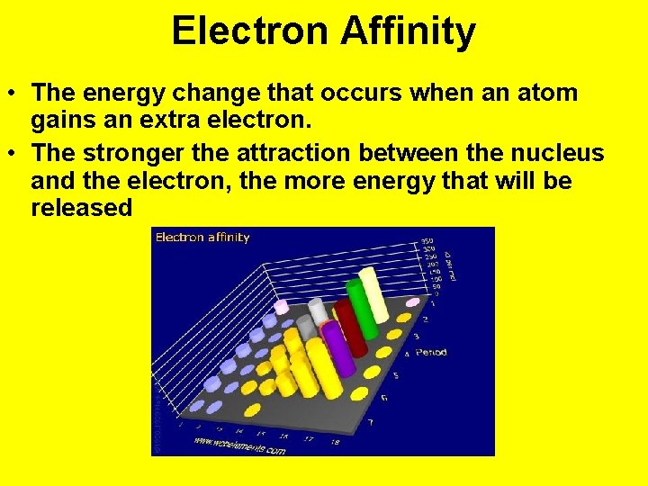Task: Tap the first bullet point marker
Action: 15,94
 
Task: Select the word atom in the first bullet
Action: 544,94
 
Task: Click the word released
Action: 81,208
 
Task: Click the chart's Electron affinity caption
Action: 202,238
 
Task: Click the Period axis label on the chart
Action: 431,352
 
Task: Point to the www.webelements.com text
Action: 238,445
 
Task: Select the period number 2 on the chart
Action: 425,319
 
